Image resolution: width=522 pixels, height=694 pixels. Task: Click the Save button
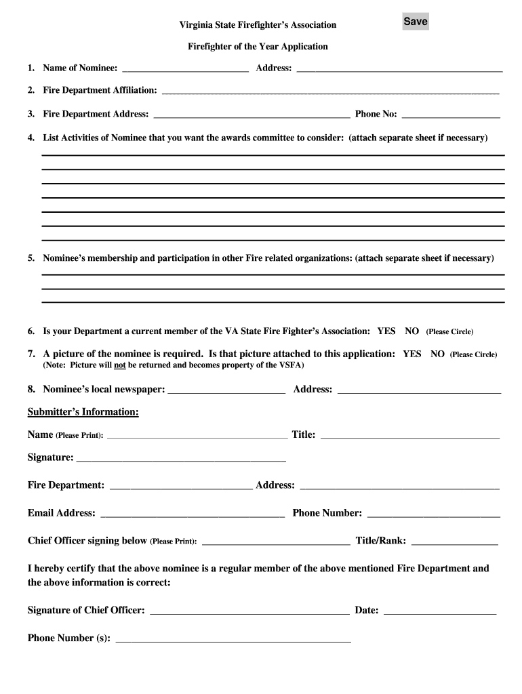click(415, 22)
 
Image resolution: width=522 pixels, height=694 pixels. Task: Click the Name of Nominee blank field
click(185, 68)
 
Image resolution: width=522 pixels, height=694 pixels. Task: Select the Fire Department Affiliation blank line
click(330, 90)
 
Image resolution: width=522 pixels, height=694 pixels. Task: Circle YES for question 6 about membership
click(386, 331)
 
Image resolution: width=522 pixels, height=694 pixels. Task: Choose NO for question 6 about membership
click(411, 331)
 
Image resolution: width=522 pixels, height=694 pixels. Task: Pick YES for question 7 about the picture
click(411, 354)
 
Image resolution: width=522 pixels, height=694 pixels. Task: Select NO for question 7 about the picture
click(437, 354)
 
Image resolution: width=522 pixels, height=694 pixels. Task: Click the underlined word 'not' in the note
click(120, 365)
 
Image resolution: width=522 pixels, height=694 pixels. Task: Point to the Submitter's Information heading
click(83, 412)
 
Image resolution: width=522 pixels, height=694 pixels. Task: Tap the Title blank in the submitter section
click(409, 435)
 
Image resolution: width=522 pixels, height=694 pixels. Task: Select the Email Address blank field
click(192, 513)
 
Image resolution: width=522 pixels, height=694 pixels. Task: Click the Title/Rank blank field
click(454, 541)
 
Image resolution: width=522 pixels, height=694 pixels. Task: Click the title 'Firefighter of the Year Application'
click(258, 47)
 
